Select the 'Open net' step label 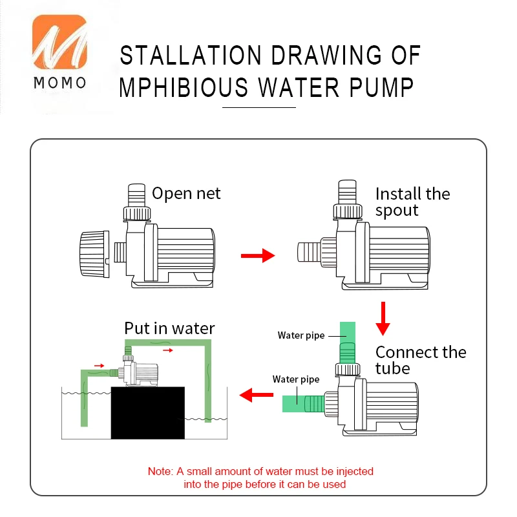[x=186, y=193]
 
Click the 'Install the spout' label [x=412, y=202]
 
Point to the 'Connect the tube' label [x=420, y=360]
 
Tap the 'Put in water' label [x=169, y=328]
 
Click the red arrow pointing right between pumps [x=257, y=257]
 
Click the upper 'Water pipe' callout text [x=301, y=335]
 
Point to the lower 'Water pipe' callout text [x=296, y=379]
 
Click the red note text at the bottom [x=260, y=478]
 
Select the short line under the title [x=258, y=107]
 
